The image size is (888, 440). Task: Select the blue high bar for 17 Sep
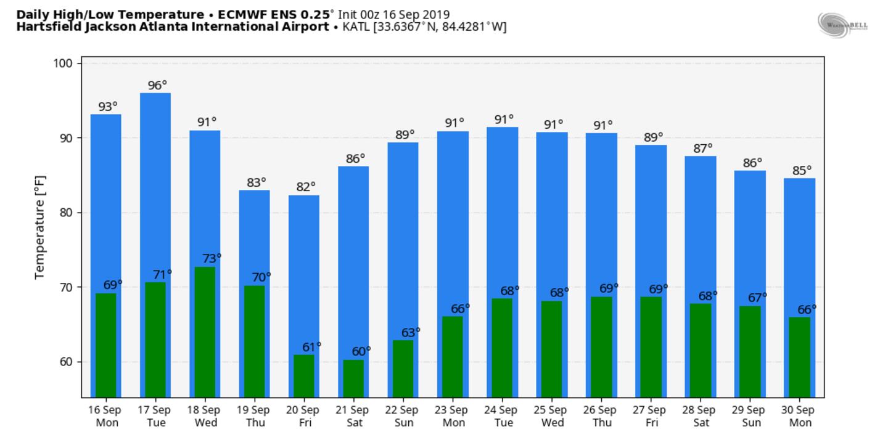(x=155, y=185)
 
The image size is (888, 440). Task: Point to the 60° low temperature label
(x=361, y=351)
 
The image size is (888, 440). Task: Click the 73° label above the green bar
(x=212, y=258)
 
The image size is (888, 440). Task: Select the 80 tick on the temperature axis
(x=67, y=213)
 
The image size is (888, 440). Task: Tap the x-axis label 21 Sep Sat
(x=354, y=416)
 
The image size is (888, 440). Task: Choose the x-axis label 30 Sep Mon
(x=800, y=416)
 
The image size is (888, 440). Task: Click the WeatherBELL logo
(x=842, y=25)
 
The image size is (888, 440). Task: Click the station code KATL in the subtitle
(x=356, y=27)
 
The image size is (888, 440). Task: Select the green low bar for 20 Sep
(x=304, y=375)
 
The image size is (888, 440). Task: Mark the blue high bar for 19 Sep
(x=254, y=234)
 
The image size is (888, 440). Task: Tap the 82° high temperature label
(x=305, y=186)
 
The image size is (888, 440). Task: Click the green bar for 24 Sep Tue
(x=502, y=348)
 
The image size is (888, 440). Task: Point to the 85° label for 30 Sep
(x=802, y=171)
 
